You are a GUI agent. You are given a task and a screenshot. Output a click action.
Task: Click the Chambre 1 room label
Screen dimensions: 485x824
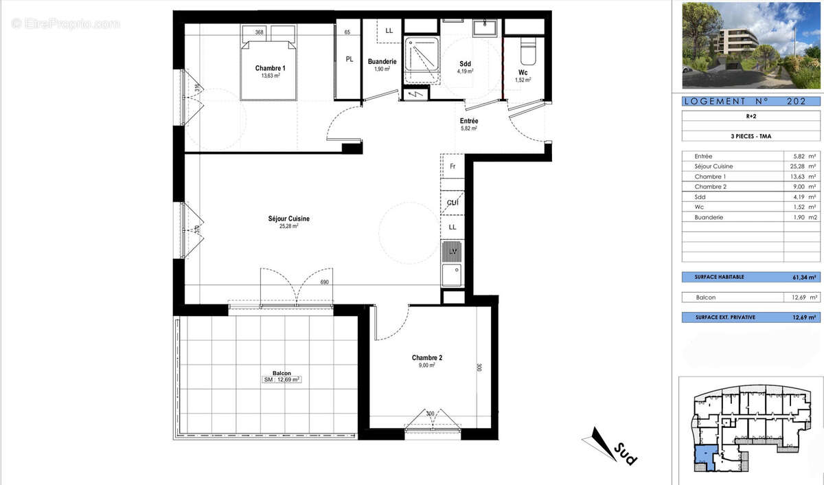point(270,68)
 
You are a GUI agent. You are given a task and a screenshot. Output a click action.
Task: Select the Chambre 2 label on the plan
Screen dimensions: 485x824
point(427,358)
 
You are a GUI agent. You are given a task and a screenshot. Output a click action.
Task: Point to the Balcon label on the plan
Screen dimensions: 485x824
point(282,374)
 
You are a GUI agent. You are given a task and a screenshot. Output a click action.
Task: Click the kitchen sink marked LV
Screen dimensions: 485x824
point(453,252)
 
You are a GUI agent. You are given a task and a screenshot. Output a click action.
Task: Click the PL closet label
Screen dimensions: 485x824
point(350,59)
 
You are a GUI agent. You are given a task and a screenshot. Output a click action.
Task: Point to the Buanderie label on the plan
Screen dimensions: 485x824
point(382,61)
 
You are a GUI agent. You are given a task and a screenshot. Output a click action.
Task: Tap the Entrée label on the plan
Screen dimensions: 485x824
point(469,121)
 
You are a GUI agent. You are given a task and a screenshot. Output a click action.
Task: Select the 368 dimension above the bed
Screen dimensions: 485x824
point(259,32)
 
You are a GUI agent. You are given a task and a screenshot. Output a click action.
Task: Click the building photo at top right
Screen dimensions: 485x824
point(751,45)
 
